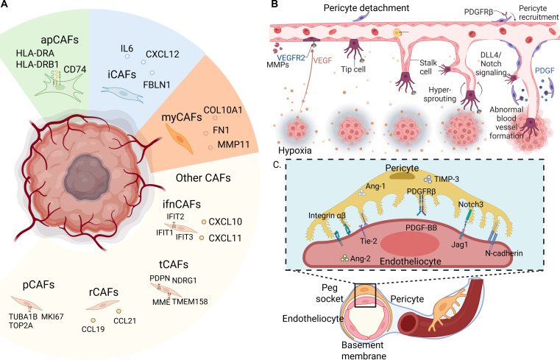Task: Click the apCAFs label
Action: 60,40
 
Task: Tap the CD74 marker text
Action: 75,69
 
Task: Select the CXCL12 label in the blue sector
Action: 163,54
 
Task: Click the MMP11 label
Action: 233,145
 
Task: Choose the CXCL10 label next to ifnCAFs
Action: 225,222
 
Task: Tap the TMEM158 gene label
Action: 190,302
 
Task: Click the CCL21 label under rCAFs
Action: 124,321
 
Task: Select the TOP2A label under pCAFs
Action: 21,325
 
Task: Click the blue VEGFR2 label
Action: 291,57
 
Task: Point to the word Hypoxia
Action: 295,150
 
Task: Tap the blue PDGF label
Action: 545,71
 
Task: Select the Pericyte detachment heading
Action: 366,7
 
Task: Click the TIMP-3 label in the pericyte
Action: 447,178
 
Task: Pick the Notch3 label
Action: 471,204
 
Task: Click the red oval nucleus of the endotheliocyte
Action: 410,244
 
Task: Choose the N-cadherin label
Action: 504,253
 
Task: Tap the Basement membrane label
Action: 364,350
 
